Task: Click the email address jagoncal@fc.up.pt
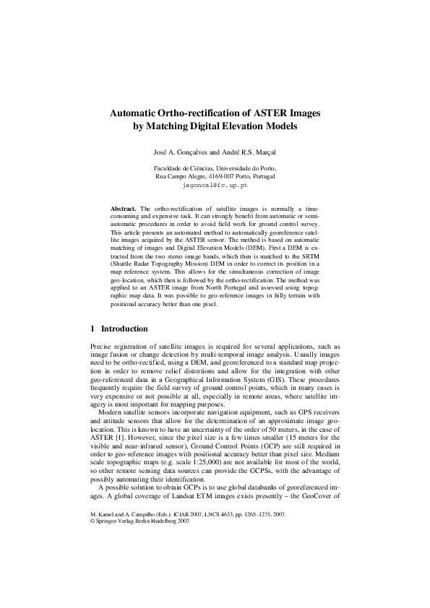(215, 185)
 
